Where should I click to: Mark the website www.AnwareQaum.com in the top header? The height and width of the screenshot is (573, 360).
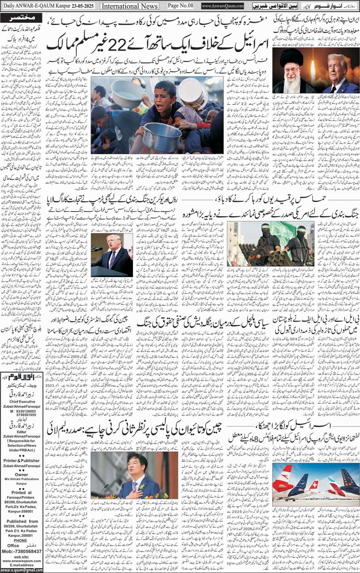(x=222, y=6)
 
